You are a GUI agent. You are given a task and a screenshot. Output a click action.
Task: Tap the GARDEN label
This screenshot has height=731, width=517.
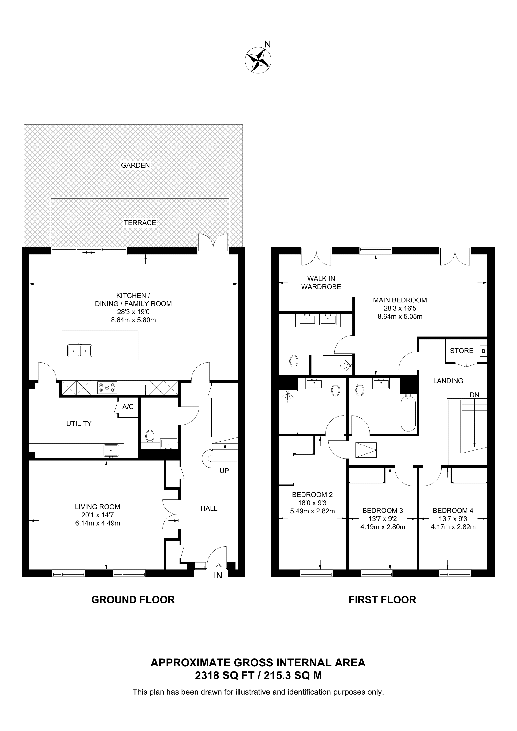point(135,165)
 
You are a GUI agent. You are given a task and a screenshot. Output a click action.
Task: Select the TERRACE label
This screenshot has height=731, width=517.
point(140,223)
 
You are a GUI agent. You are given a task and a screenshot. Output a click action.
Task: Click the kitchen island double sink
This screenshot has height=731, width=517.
point(80,351)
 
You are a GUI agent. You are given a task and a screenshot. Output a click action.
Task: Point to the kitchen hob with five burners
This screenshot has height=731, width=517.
point(107,387)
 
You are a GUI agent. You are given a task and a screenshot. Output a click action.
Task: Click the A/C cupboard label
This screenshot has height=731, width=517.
point(128,406)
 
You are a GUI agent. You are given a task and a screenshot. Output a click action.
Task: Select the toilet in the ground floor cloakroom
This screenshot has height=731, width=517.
point(150,436)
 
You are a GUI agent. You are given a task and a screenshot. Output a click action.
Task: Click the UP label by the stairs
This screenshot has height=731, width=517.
point(224,471)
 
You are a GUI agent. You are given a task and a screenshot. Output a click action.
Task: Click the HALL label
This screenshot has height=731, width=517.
point(209,508)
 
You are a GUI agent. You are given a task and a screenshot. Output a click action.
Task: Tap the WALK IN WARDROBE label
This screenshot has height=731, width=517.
point(321,283)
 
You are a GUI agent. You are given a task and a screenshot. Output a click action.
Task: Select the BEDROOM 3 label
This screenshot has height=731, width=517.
point(383,511)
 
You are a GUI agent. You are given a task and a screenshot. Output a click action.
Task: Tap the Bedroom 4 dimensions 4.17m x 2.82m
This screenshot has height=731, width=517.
point(453,527)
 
